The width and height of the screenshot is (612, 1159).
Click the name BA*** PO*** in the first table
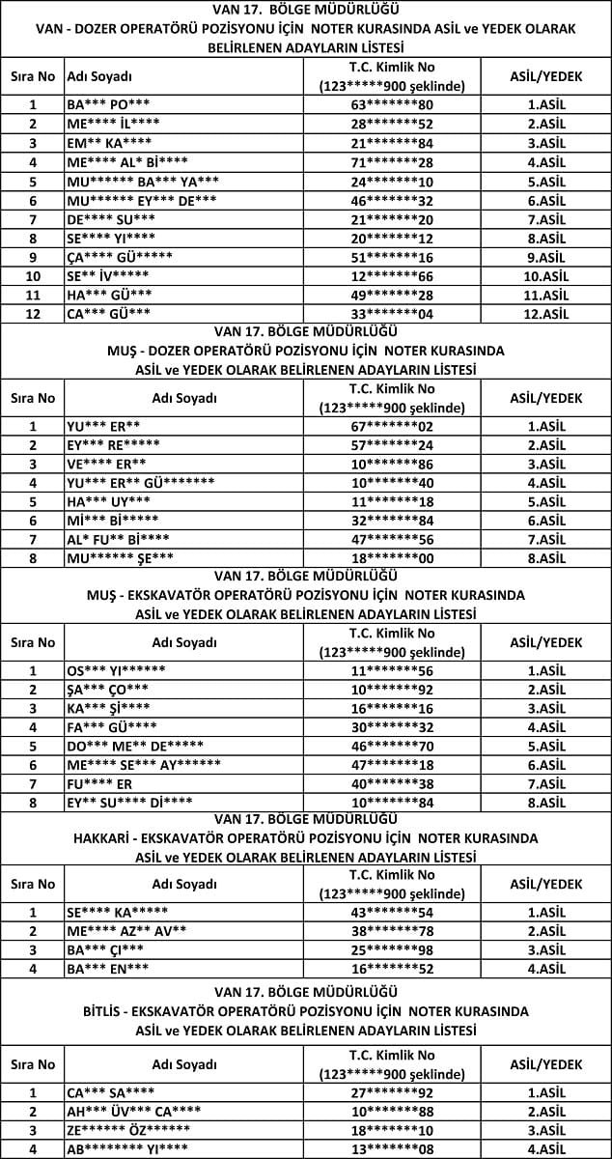108,104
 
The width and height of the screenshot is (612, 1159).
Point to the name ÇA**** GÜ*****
120,257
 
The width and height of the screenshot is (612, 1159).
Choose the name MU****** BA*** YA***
143,181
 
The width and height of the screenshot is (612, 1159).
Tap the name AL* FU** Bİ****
118,539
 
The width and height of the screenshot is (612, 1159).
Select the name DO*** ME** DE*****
135,746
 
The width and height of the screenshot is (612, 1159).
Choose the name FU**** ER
99,783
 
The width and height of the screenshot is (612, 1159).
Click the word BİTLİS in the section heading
104,1011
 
